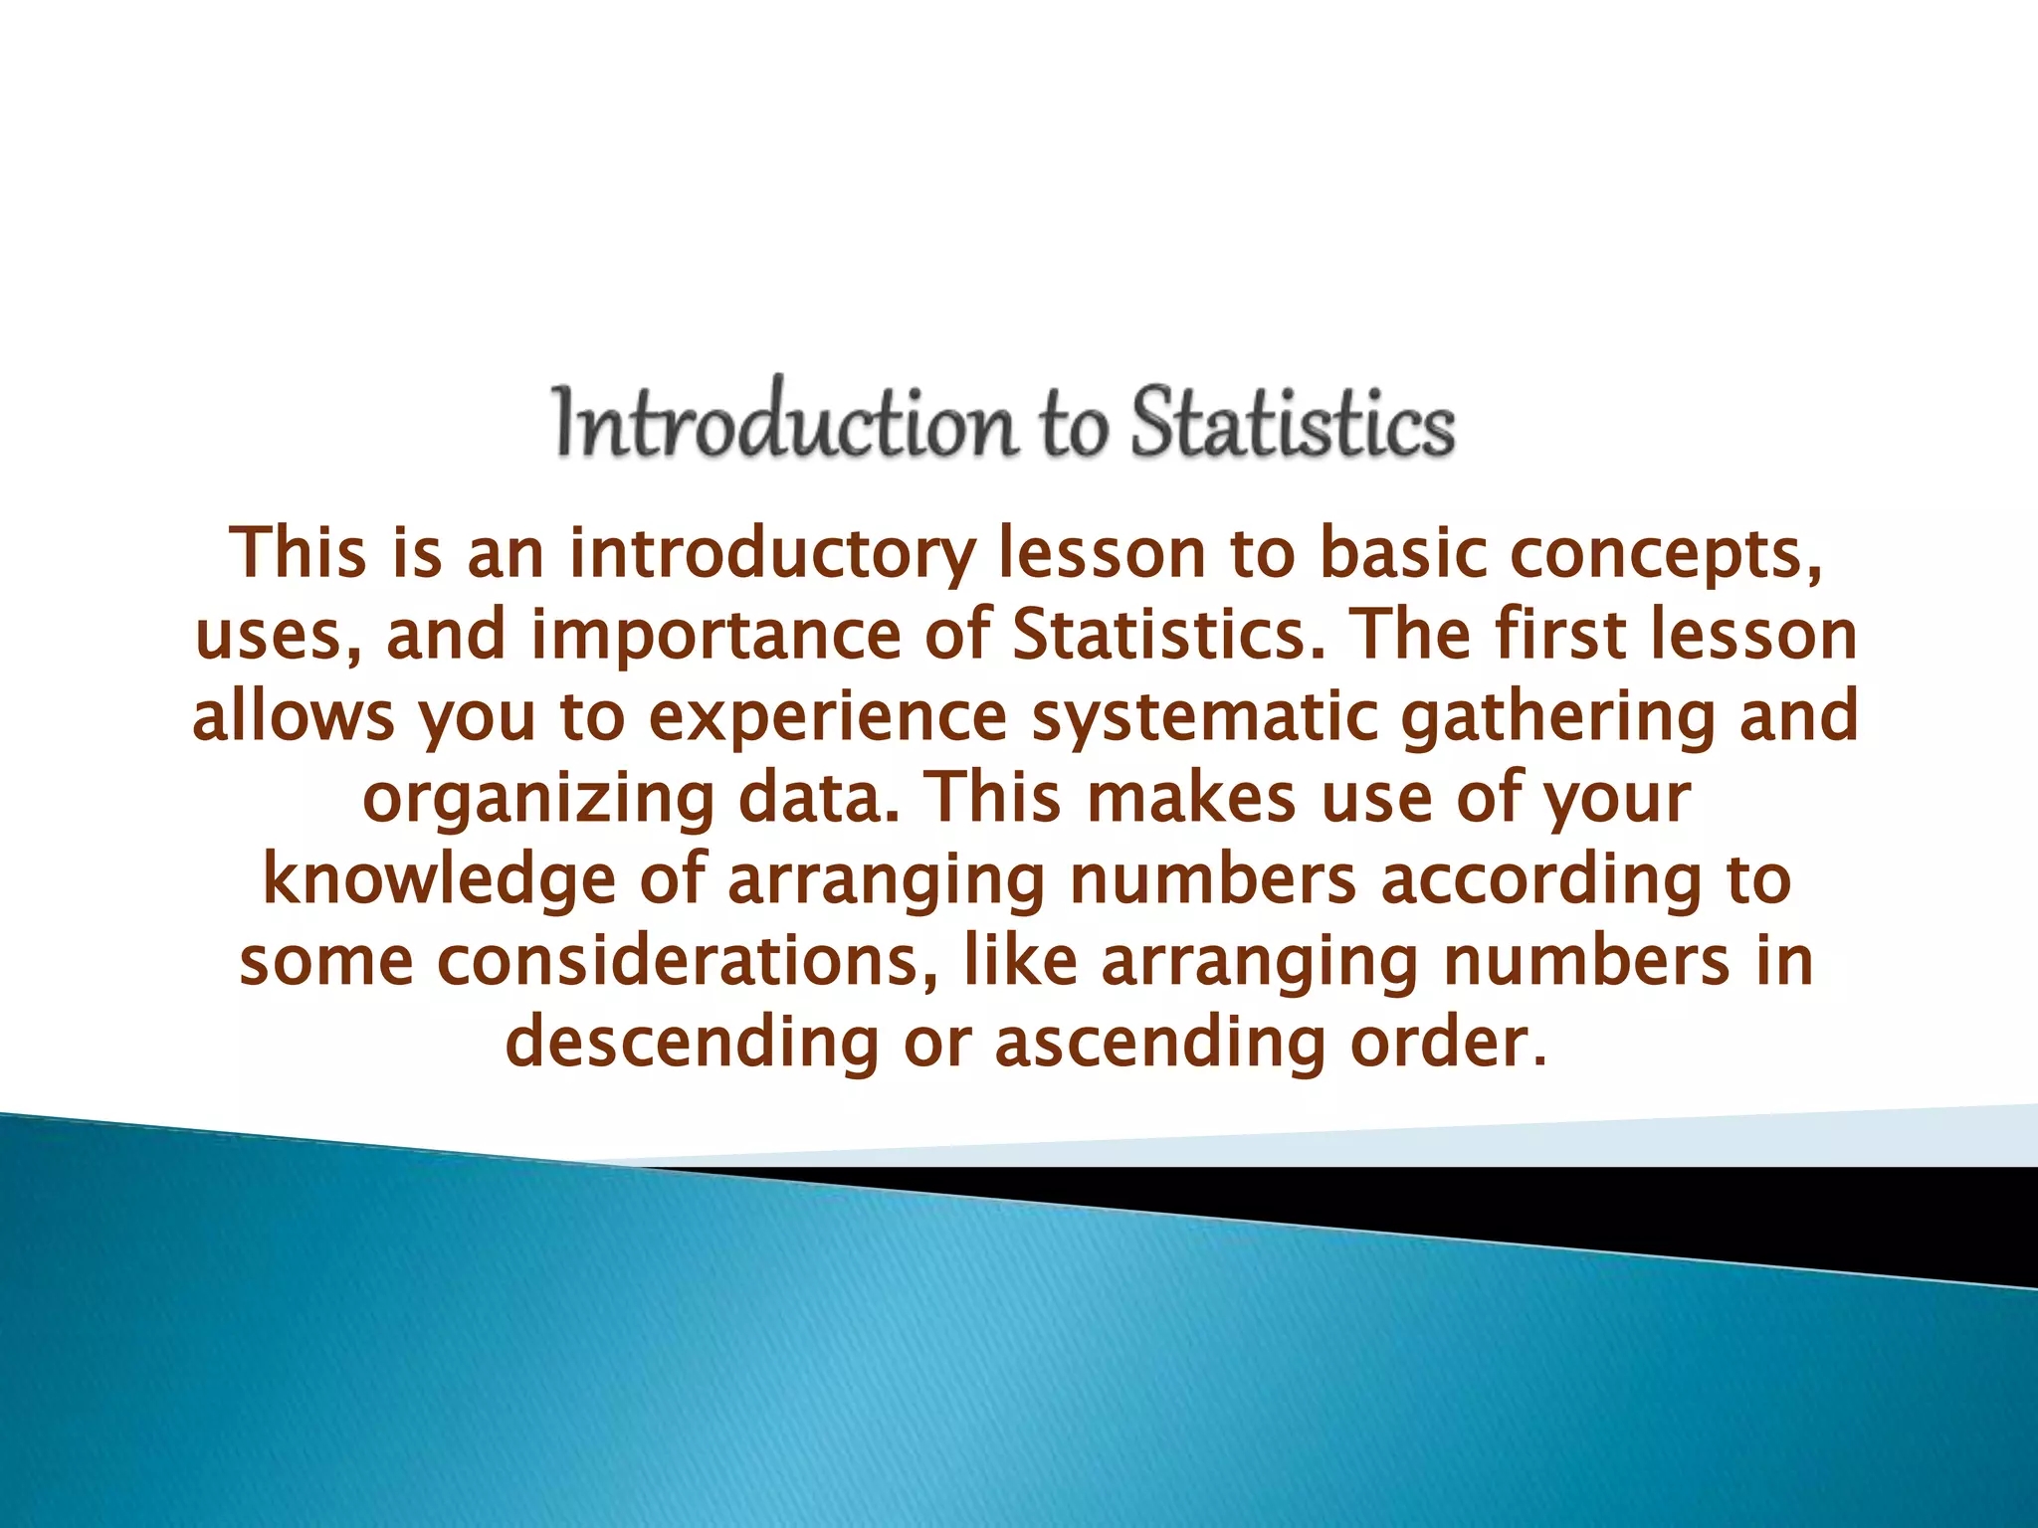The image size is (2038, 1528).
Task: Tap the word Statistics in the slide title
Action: (1293, 423)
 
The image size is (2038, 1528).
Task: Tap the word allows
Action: (294, 715)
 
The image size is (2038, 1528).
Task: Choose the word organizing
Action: (537, 799)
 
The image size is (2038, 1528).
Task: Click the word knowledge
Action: (438, 880)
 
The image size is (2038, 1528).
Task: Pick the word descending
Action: (693, 1044)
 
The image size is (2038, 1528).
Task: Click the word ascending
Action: (1159, 1044)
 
